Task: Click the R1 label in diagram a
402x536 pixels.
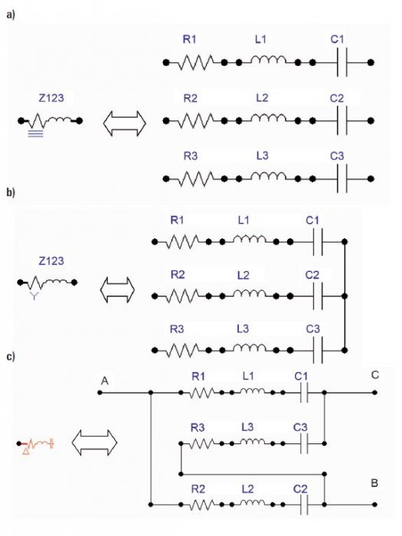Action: pyautogui.click(x=190, y=40)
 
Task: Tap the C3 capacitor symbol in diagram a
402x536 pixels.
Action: pyautogui.click(x=342, y=178)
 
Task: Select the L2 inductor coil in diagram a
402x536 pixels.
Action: pyautogui.click(x=269, y=118)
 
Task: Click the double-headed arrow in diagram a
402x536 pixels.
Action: pyautogui.click(x=124, y=123)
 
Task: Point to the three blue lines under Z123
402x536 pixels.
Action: pyautogui.click(x=35, y=133)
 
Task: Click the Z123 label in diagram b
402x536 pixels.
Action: pyautogui.click(x=51, y=261)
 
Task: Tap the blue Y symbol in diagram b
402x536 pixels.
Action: pyautogui.click(x=34, y=296)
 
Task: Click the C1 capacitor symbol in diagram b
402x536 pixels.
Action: pyautogui.click(x=318, y=242)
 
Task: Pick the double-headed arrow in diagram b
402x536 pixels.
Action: pyautogui.click(x=117, y=290)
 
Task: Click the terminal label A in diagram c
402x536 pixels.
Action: pyautogui.click(x=105, y=381)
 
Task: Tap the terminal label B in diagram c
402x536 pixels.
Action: pyautogui.click(x=374, y=483)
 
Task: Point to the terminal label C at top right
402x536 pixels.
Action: pyautogui.click(x=375, y=375)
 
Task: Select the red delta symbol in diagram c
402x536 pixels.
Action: pyautogui.click(x=26, y=452)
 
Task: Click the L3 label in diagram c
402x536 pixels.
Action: pyautogui.click(x=247, y=427)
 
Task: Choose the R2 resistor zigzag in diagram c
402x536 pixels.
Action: pyautogui.click(x=201, y=505)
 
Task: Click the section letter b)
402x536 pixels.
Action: pyautogui.click(x=11, y=192)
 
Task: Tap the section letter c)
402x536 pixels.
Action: pyautogui.click(x=11, y=357)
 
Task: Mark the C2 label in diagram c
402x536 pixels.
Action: pyautogui.click(x=300, y=489)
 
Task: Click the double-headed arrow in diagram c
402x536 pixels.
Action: pyautogui.click(x=94, y=443)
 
